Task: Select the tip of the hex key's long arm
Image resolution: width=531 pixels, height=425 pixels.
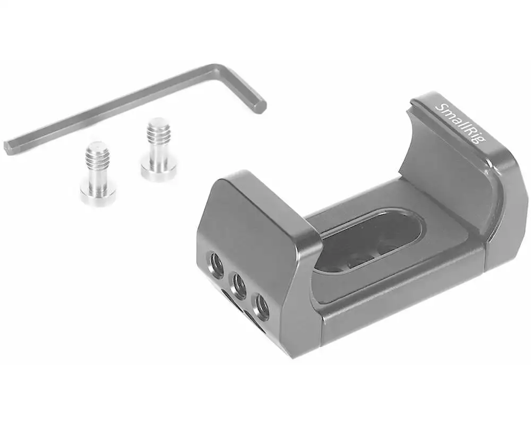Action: (7, 148)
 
